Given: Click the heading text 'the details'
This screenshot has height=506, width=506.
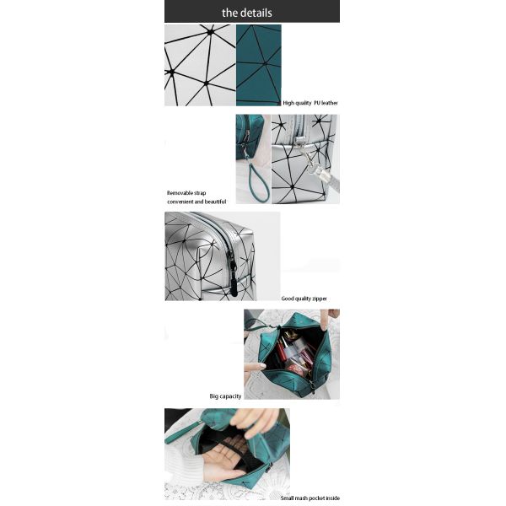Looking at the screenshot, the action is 247,13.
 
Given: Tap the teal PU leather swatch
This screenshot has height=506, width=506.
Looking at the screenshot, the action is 259,65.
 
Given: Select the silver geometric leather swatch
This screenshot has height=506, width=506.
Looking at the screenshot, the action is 200,65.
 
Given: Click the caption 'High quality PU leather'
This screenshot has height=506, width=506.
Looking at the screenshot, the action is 310,103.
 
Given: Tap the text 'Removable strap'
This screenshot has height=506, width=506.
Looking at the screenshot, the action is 186,193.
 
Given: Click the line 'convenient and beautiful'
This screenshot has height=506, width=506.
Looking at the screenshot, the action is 196,202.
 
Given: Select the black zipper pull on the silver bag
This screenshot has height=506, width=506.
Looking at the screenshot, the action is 233,275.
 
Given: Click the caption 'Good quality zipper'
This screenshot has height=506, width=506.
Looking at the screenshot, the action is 304,299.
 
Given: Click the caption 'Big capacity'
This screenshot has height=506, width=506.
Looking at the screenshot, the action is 225,396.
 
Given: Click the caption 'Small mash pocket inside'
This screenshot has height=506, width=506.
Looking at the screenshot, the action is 310,498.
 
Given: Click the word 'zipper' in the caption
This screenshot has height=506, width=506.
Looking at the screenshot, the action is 320,299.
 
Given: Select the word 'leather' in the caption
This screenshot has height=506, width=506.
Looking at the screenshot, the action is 330,103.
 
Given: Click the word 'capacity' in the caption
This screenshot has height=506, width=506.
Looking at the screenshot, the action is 230,396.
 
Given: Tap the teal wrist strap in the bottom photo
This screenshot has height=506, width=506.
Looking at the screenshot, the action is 183,432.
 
